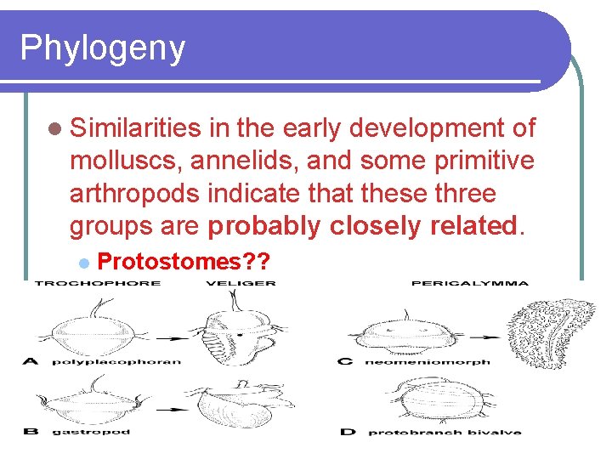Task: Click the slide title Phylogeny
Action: (x=102, y=48)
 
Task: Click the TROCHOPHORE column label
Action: (x=97, y=283)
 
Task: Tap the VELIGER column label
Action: (x=241, y=283)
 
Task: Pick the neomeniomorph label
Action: (x=428, y=362)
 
